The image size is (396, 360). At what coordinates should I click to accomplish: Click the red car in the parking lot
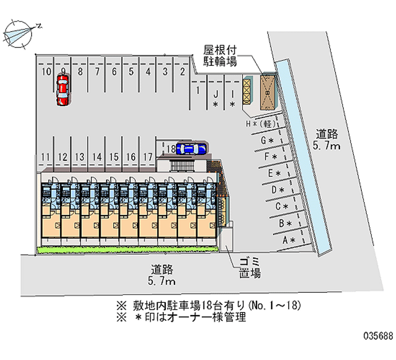[x=62, y=89]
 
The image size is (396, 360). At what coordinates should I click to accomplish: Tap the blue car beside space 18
[x=191, y=148]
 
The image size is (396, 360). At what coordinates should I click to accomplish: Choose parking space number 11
[x=46, y=157]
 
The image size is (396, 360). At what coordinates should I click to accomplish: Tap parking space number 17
[x=148, y=157]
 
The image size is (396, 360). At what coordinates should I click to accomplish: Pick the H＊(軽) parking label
[x=260, y=123]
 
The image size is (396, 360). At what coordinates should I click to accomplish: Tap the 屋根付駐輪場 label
[x=220, y=55]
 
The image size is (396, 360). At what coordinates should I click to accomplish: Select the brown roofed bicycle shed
[x=267, y=92]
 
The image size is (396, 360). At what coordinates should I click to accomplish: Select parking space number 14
[x=97, y=157]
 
